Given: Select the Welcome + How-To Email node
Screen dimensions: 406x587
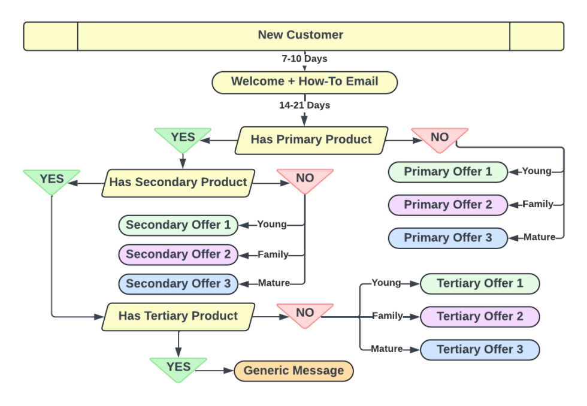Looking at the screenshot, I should pyautogui.click(x=304, y=82).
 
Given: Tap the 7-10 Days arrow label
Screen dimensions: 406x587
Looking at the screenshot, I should pyautogui.click(x=304, y=59).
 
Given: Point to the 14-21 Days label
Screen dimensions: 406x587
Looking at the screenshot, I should pyautogui.click(x=304, y=105).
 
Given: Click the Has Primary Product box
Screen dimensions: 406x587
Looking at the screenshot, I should pyautogui.click(x=311, y=140).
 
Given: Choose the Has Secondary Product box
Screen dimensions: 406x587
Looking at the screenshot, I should pyautogui.click(x=178, y=183).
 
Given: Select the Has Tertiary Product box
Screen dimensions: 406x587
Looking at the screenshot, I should pyautogui.click(x=178, y=316).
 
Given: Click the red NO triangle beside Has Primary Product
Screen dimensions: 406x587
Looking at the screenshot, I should pyautogui.click(x=440, y=138).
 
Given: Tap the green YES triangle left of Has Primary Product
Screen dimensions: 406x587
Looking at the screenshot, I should pyautogui.click(x=183, y=138).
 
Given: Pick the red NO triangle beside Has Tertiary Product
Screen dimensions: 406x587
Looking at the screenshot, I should pyautogui.click(x=305, y=313).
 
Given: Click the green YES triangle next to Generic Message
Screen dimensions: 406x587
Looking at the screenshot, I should pyautogui.click(x=178, y=368).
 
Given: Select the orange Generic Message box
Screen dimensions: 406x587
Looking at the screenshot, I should pyautogui.click(x=293, y=371).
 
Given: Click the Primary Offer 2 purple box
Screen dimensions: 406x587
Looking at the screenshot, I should pyautogui.click(x=447, y=205).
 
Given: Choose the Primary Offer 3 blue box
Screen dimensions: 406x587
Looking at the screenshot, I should pyautogui.click(x=447, y=238).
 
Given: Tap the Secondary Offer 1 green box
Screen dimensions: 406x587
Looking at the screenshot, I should pyautogui.click(x=178, y=225).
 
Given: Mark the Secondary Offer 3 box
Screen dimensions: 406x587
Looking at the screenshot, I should pyautogui.click(x=178, y=284).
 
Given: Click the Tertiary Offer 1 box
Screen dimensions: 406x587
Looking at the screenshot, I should pyautogui.click(x=480, y=284).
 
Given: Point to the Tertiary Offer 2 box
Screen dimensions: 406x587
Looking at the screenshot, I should pyautogui.click(x=480, y=317).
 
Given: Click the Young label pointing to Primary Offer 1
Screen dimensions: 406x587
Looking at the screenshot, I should pyautogui.click(x=536, y=171).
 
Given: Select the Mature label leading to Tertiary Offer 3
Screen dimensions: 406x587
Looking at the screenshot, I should pyautogui.click(x=386, y=349).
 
